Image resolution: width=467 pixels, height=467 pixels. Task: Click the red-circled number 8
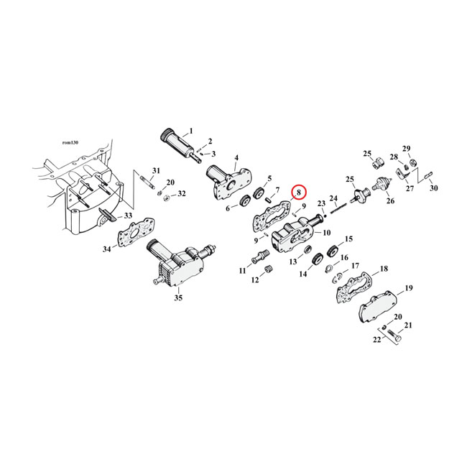point(298,192)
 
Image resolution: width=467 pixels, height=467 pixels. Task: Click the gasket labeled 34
point(134,235)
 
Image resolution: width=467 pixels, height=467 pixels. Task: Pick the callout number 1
point(191,131)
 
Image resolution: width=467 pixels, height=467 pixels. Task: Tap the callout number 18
point(384,268)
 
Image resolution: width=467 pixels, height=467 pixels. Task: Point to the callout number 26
point(391,201)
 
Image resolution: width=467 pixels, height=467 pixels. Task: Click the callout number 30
point(433,188)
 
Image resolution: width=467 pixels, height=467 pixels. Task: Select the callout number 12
point(255,281)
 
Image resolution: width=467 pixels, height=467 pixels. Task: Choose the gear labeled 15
point(332,251)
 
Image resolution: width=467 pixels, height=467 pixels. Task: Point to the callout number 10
point(327,232)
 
